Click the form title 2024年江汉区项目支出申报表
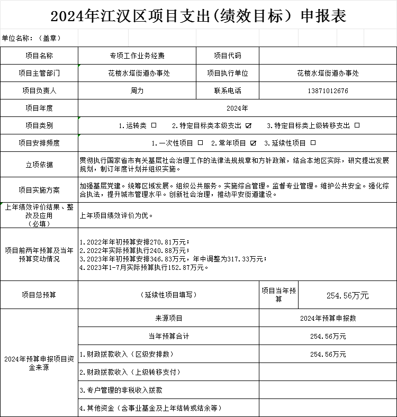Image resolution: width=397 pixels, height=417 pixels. pos(198,16)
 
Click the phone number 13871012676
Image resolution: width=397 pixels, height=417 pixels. pos(328,90)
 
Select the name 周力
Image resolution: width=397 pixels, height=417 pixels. pos(137,90)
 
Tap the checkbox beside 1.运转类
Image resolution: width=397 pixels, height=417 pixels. pos(154,125)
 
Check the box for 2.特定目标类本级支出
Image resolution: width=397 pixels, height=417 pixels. pos(249,125)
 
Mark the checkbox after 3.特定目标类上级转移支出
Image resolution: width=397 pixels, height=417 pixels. pos(357,125)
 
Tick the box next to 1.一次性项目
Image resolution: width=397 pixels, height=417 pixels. pos(200,143)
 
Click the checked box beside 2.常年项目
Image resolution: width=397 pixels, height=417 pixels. pos(253,143)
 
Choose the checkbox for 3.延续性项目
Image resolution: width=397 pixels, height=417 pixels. pos(313,143)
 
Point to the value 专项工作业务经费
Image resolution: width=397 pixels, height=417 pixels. pos(137,56)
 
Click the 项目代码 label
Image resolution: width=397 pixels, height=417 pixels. pos(228,56)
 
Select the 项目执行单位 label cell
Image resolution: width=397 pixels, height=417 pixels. pos(228,73)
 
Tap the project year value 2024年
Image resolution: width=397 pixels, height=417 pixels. pos(237,108)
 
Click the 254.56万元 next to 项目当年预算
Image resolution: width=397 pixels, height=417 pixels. pos(347,295)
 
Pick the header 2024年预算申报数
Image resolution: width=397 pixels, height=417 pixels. pos(328,318)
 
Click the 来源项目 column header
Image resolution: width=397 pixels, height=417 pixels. pos(168,318)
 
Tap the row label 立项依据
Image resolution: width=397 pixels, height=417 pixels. pos(39,165)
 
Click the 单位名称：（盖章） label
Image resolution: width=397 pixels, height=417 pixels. pos(32,38)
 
